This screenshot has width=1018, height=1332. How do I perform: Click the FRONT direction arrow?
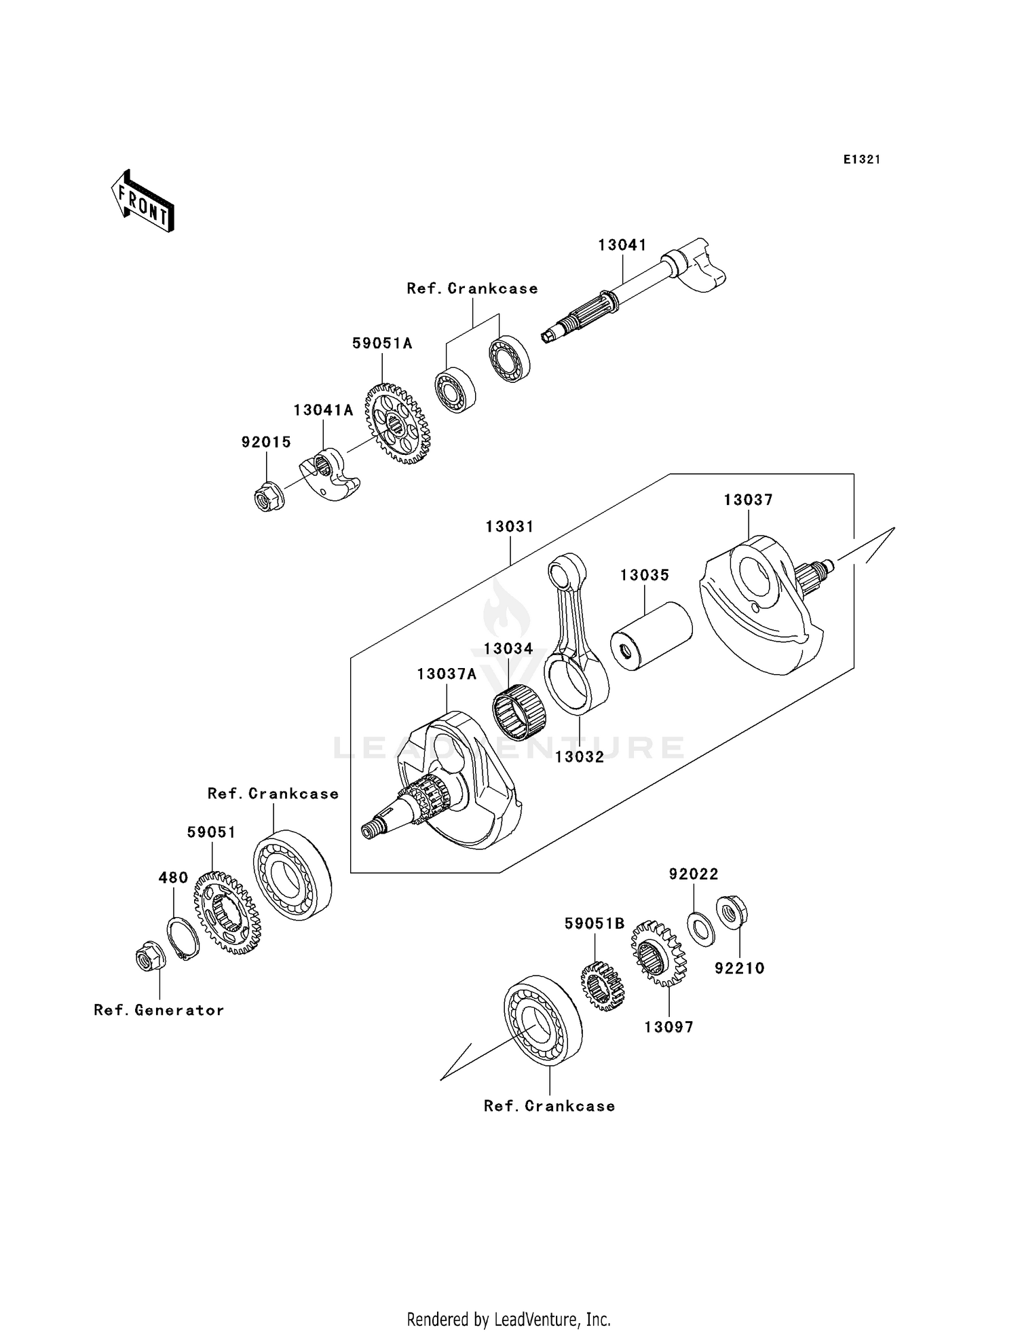[143, 202]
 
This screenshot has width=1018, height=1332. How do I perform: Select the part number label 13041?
[622, 245]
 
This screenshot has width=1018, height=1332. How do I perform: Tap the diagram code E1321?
[861, 160]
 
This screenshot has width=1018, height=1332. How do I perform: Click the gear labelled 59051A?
[398, 424]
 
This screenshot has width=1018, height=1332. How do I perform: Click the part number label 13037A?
[447, 674]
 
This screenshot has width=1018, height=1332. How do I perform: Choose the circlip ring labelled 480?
[183, 939]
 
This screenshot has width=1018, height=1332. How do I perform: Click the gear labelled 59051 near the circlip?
[227, 913]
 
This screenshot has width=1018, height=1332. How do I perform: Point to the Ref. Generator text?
[159, 1010]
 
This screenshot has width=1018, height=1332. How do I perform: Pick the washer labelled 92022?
[700, 929]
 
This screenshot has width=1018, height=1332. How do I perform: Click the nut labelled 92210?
[732, 914]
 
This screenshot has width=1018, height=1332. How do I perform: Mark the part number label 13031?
[510, 527]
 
